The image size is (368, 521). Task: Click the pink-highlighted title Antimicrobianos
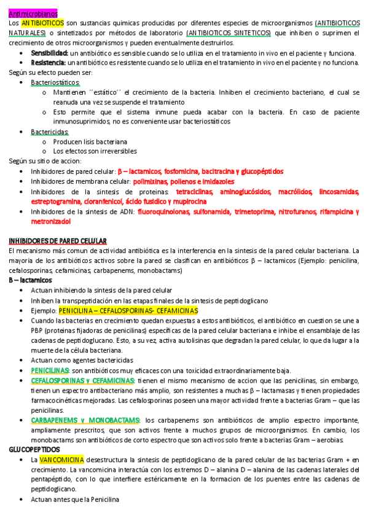[x=34, y=12]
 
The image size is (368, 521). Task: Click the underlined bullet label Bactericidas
[x=50, y=131]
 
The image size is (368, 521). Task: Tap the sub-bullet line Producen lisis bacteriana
[x=90, y=141]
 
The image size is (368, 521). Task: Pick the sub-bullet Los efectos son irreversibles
[x=95, y=151]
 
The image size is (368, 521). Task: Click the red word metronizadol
[x=52, y=221]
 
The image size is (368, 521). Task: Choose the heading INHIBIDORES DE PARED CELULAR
[x=58, y=241]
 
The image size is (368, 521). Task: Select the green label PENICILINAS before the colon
[x=50, y=370]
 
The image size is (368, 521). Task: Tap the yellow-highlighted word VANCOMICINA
[x=62, y=460]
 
